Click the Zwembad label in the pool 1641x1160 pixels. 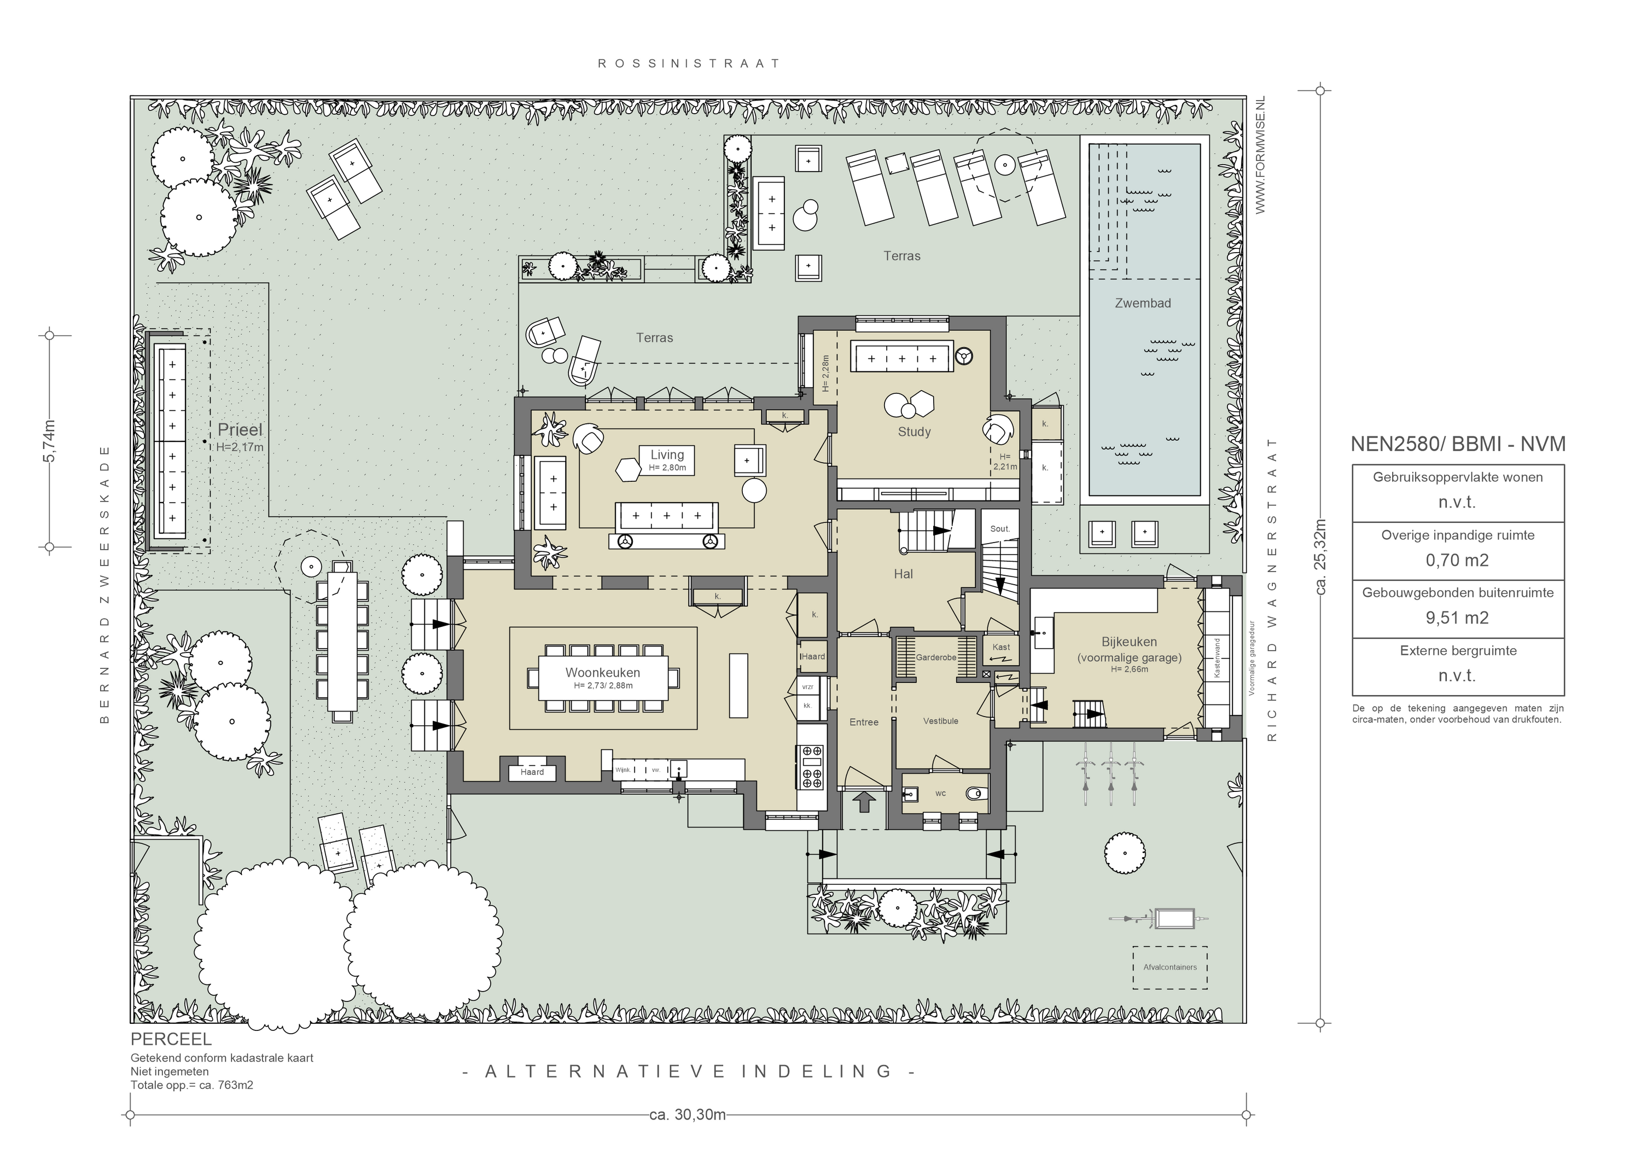[x=1143, y=303]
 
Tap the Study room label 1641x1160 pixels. [x=914, y=432]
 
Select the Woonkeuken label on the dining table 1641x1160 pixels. [x=602, y=673]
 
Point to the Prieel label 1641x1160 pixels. [x=240, y=429]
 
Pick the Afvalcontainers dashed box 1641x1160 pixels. [x=1170, y=967]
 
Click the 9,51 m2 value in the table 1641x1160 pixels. [x=1457, y=617]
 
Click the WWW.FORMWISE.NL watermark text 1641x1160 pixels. [x=1260, y=155]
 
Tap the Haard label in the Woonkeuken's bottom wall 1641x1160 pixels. [x=532, y=772]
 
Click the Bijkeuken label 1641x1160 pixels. [x=1129, y=642]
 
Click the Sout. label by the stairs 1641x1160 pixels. [x=1000, y=529]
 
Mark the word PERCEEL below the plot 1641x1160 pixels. [x=172, y=1039]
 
